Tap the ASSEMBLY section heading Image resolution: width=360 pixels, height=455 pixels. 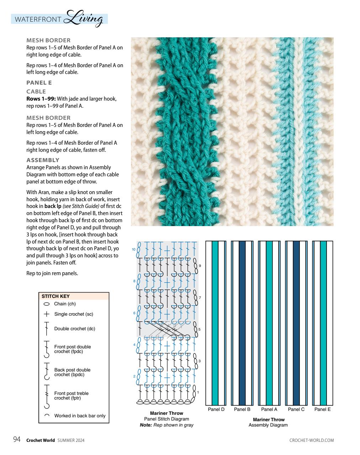(43, 160)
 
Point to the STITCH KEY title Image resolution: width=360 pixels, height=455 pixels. (55, 296)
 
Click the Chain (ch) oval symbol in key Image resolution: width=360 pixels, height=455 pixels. (46, 304)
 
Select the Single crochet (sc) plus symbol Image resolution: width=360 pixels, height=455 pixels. (46, 314)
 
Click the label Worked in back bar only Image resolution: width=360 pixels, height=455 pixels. (80, 416)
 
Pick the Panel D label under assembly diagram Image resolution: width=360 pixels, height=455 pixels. (216, 409)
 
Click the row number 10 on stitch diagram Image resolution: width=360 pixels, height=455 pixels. (134, 250)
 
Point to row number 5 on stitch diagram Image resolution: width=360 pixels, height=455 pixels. (199, 330)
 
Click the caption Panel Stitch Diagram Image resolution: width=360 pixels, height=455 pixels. (166, 419)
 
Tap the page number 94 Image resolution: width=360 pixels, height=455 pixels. (17, 440)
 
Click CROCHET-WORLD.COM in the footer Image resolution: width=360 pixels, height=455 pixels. (312, 440)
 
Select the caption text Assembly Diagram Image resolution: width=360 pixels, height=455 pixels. (268, 425)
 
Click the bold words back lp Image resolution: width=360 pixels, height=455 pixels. (53, 206)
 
